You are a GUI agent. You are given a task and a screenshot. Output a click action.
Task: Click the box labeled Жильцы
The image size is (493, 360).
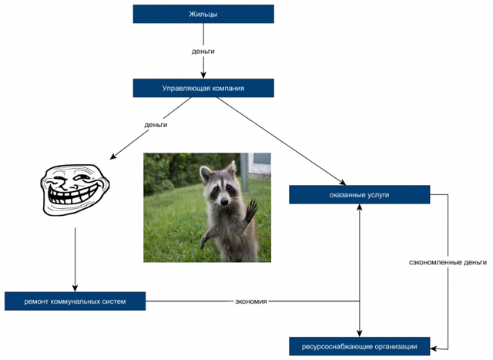click(x=203, y=14)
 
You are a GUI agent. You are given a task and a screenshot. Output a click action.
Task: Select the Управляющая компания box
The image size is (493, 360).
click(x=203, y=88)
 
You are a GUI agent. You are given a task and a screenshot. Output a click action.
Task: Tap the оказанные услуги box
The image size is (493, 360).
click(x=359, y=194)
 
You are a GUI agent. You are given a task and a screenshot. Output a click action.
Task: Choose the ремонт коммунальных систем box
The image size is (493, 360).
click(x=75, y=301)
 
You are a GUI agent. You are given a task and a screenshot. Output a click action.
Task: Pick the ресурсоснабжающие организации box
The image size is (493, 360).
click(x=359, y=346)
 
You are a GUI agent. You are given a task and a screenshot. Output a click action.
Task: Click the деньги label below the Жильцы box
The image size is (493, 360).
click(x=203, y=51)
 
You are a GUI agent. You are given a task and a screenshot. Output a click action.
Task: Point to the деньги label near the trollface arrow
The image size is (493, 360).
click(x=156, y=124)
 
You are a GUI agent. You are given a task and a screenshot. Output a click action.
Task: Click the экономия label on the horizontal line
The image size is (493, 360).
click(x=251, y=301)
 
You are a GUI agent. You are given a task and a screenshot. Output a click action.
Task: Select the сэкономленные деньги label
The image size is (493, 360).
click(x=448, y=262)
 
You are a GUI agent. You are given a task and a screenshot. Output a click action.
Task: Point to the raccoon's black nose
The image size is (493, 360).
click(x=223, y=200)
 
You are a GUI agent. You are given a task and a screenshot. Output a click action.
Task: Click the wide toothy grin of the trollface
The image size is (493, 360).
click(x=69, y=199)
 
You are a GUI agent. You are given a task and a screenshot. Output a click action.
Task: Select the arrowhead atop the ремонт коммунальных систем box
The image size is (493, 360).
click(x=75, y=288)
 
